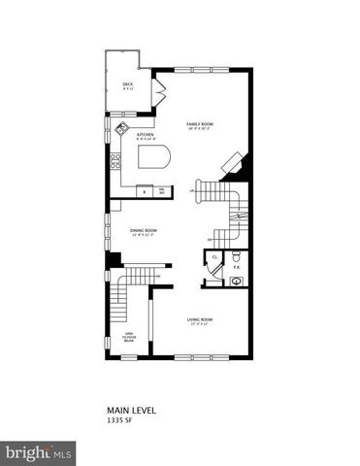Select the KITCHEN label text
146,135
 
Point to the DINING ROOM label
145,230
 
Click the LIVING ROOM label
201,319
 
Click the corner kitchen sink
122,128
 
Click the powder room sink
237,282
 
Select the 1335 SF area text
119,421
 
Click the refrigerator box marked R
145,190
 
